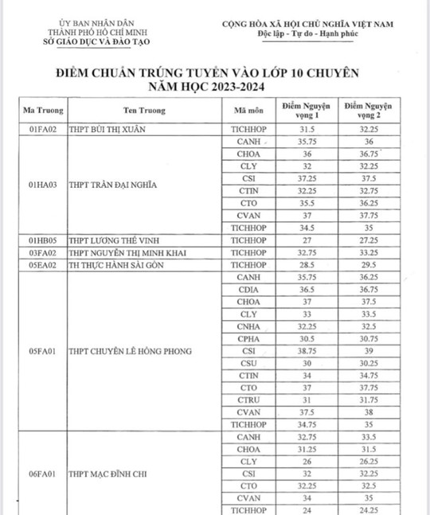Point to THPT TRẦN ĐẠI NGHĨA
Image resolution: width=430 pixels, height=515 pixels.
tap(115, 185)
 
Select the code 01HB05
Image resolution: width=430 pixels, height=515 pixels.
tap(40, 240)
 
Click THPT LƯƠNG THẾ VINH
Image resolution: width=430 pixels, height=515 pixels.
tap(113, 240)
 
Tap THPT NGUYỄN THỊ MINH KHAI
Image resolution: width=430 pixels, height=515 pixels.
tap(125, 252)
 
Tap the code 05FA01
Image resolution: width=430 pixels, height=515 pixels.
tap(40, 351)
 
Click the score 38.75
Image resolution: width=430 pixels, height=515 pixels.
tap(306, 350)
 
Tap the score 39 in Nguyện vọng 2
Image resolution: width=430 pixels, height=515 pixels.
tap(367, 350)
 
